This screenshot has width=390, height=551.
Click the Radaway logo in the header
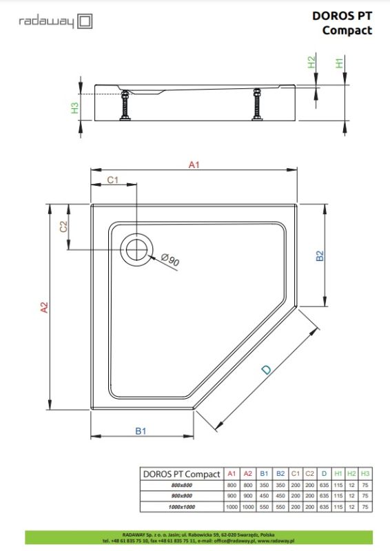(55, 21)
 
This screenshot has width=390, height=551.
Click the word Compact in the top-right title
(347, 30)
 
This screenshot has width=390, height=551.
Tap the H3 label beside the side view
(75, 108)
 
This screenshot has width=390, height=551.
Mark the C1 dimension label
(113, 180)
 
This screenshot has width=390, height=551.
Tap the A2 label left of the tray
(44, 309)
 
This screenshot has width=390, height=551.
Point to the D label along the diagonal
(266, 370)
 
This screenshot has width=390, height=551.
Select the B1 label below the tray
(141, 431)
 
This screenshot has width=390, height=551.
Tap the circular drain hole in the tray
(136, 249)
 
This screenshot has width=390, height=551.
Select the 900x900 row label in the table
(182, 496)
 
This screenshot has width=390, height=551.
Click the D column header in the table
(324, 474)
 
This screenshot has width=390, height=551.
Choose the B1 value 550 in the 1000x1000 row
(264, 507)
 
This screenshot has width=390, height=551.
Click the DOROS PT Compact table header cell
(181, 474)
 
